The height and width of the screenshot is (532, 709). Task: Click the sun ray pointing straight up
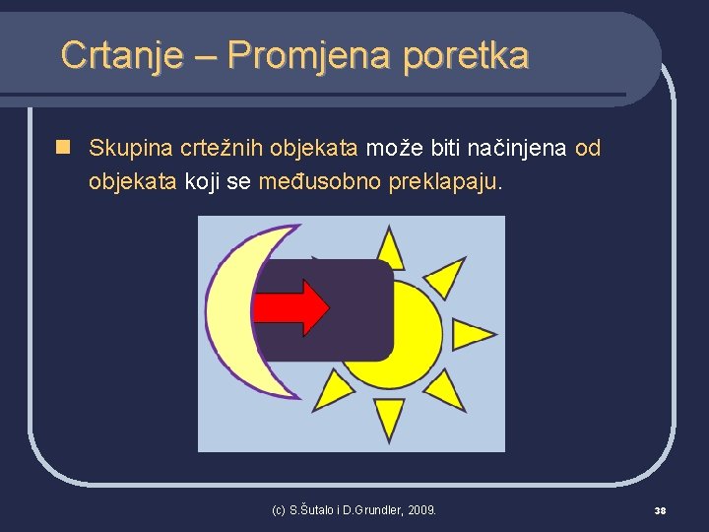(391, 249)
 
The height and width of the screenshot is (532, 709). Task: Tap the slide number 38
(661, 510)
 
